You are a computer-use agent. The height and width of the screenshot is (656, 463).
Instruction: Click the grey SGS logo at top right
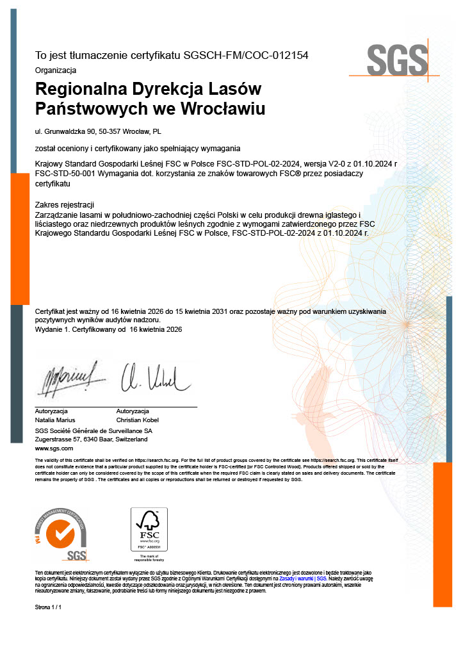click(x=397, y=60)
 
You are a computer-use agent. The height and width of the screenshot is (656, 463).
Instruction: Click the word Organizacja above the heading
click(x=56, y=70)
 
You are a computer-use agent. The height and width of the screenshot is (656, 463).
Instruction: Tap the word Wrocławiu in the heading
click(x=224, y=108)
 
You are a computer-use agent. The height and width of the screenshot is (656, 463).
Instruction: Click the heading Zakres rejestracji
click(x=65, y=204)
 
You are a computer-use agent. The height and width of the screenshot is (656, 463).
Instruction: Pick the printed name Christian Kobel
click(x=138, y=420)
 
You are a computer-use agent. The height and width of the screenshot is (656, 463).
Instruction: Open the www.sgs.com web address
click(x=54, y=448)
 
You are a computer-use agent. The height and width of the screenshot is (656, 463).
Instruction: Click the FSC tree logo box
click(x=149, y=529)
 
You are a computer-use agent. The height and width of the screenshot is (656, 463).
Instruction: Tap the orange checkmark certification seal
click(x=61, y=533)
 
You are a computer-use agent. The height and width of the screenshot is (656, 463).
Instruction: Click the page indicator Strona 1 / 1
click(x=48, y=606)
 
